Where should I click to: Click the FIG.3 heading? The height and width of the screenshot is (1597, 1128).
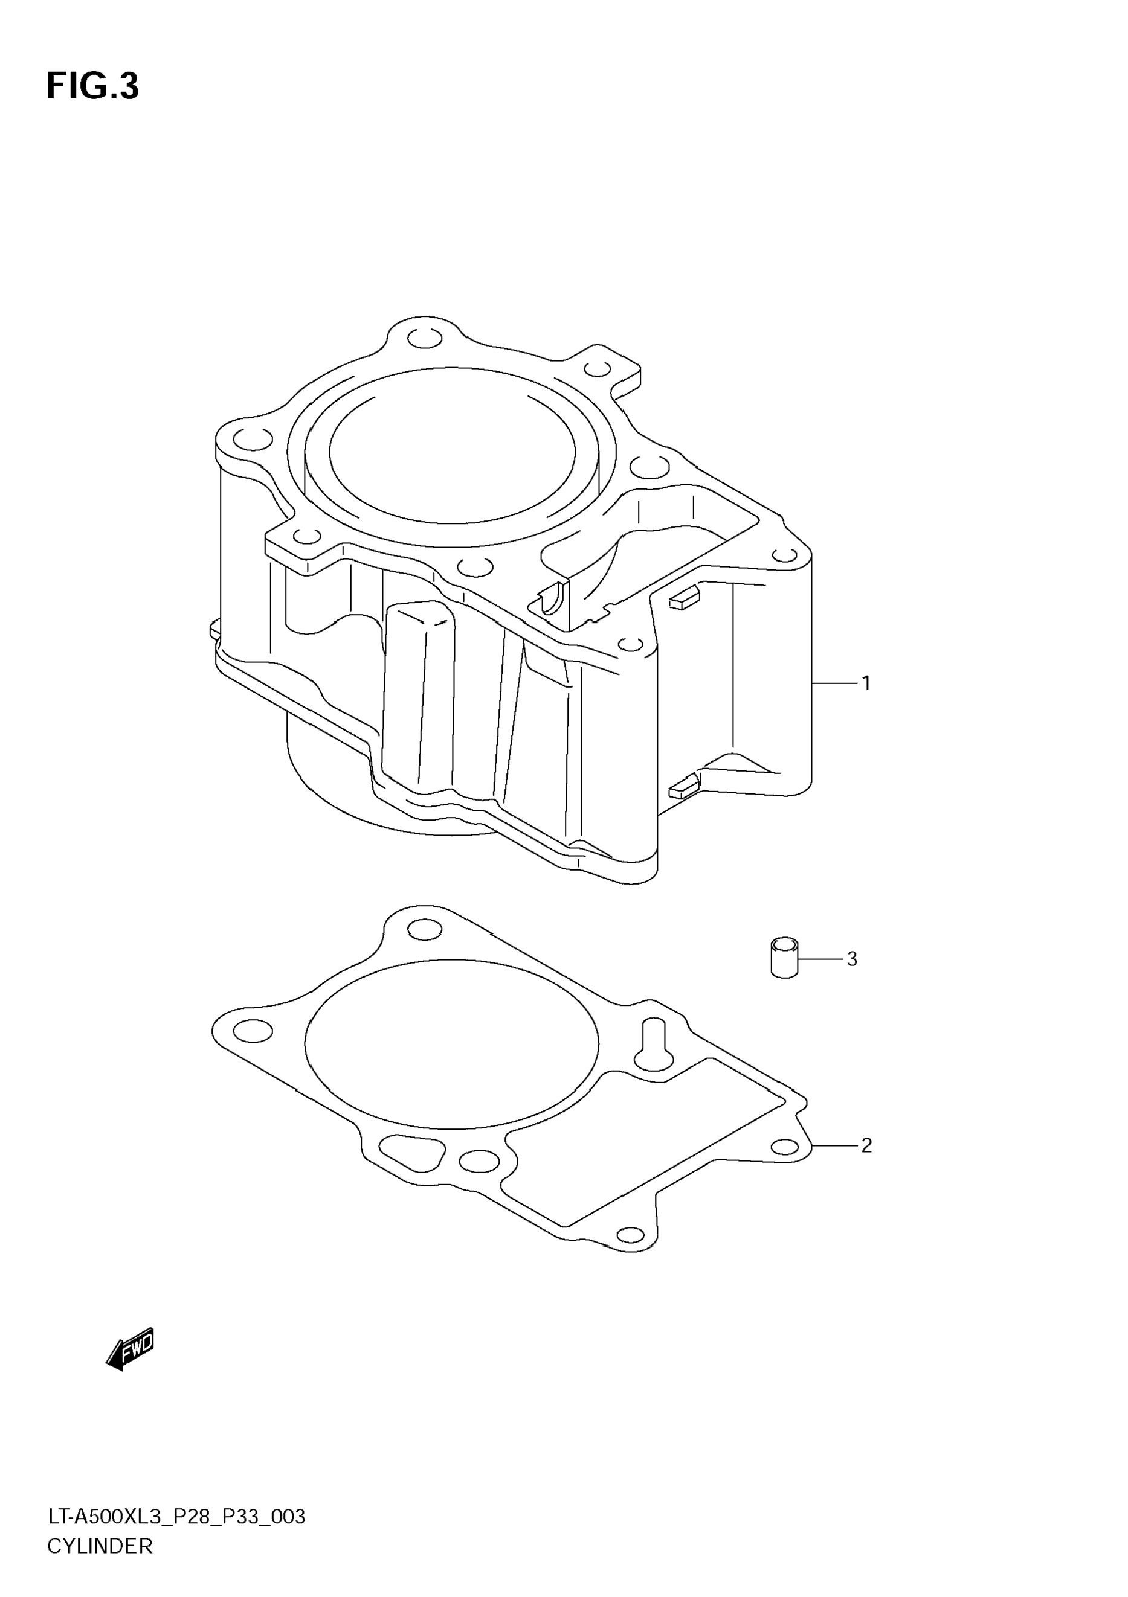[92, 87]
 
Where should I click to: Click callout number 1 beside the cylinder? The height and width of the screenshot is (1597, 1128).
[866, 683]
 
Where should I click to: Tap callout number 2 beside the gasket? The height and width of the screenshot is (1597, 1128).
[866, 1145]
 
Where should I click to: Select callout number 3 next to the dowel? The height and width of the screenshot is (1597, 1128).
[852, 959]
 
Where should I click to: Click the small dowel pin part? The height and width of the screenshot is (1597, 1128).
[784, 958]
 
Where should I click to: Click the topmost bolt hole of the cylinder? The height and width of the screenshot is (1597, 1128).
[425, 339]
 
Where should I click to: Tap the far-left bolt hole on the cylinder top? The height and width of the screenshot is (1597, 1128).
[253, 439]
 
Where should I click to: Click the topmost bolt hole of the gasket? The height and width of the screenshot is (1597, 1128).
[425, 929]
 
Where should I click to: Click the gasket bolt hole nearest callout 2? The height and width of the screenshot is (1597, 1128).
[785, 1147]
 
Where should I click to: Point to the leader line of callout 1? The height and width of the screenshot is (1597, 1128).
[834, 683]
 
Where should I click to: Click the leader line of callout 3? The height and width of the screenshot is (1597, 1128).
[820, 959]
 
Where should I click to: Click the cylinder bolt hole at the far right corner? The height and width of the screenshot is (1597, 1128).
[785, 555]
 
